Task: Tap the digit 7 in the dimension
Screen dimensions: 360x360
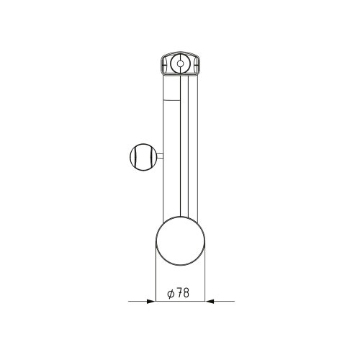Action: click(179, 293)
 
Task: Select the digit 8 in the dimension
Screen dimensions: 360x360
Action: click(186, 293)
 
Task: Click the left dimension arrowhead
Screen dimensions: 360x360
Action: click(152, 301)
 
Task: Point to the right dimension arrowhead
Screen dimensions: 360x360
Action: click(210, 301)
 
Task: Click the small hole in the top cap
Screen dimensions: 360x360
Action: click(179, 65)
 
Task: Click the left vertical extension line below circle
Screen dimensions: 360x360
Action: click(156, 277)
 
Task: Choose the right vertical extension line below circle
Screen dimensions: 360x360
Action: click(205, 277)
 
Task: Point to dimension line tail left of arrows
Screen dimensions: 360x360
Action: click(137, 301)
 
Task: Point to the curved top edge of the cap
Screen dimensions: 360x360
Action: click(179, 53)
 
